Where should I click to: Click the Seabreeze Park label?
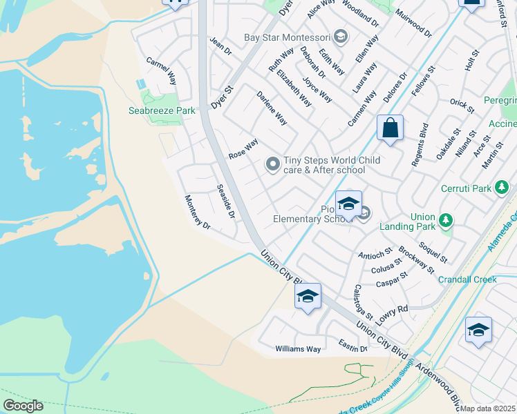[x=162, y=110]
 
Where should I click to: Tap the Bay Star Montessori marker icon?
[x=339, y=37]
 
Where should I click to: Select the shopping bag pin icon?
[x=390, y=128]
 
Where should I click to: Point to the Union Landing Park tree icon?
[x=446, y=220]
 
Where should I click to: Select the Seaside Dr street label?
[x=226, y=201]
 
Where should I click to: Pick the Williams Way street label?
[x=298, y=349]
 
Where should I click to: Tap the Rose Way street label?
[x=243, y=148]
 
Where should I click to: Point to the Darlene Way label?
[x=272, y=108]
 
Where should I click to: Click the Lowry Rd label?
[x=393, y=310]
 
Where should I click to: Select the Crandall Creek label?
[x=467, y=279]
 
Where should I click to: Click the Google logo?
[x=23, y=406]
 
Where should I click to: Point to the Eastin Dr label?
[x=352, y=345]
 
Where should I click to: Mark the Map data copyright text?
[x=488, y=408]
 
